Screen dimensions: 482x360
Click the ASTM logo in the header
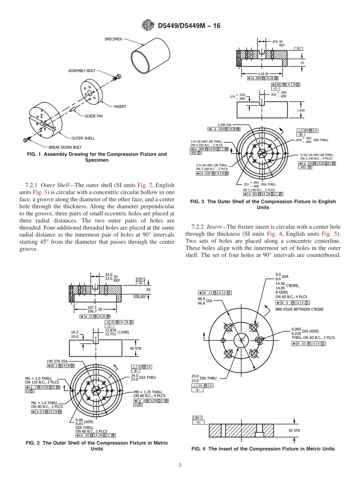pos(148,25)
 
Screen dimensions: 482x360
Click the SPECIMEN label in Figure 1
pos(113,39)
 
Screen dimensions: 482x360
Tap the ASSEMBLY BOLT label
pos(81,71)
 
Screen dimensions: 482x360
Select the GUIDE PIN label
pos(93,116)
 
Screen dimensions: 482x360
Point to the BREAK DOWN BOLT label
pos(65,147)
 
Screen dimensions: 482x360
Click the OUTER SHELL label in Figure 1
pos(83,138)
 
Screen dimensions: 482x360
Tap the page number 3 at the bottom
pos(180,465)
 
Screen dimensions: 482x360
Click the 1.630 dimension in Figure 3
pos(301,110)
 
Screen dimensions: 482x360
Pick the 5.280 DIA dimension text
pos(225,125)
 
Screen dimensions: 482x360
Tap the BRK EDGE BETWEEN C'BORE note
pos(299,309)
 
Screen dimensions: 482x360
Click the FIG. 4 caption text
pos(263,449)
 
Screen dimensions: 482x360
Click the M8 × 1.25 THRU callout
pos(148,392)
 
